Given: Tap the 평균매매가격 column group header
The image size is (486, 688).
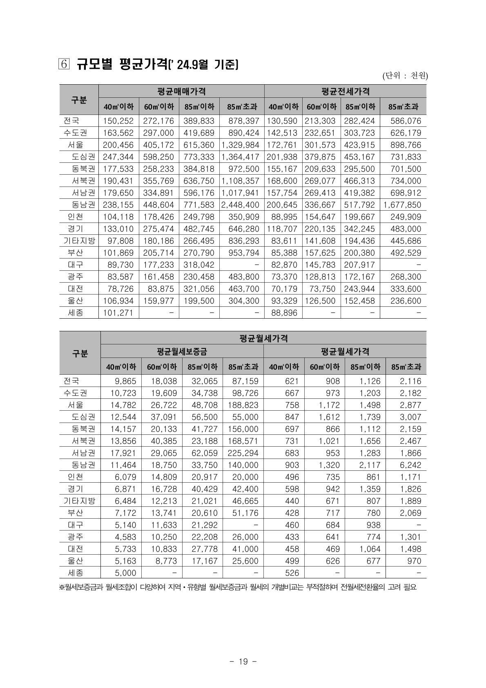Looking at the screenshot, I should (x=181, y=91).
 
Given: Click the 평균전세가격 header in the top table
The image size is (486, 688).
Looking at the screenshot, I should (x=345, y=91).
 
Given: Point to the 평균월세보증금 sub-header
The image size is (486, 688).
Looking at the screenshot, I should (x=182, y=351).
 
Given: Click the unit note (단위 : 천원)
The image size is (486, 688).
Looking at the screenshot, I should (x=405, y=76).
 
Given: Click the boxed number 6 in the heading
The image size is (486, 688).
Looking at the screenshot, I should (x=65, y=65).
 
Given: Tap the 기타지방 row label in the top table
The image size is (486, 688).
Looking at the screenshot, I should (x=79, y=241).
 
